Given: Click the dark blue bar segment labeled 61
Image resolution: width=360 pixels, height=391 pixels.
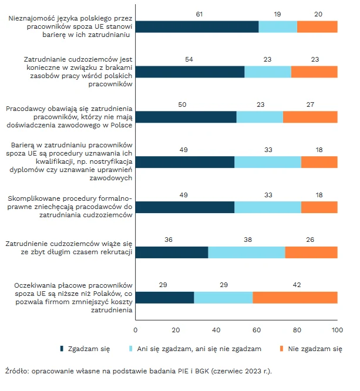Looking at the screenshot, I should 197,26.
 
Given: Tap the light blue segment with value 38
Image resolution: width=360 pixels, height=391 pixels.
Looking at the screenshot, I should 247,252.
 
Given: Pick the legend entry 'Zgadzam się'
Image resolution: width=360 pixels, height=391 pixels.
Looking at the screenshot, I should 93,349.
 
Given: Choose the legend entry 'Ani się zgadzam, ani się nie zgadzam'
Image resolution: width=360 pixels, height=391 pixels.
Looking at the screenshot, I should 199,349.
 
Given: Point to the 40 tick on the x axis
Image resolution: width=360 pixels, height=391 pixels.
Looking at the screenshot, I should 216,329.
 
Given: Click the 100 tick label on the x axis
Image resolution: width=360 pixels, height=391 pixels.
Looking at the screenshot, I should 337,329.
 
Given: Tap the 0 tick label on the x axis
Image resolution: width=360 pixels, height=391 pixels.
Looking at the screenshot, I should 136,329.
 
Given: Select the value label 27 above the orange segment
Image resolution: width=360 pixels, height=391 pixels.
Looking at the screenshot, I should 310,105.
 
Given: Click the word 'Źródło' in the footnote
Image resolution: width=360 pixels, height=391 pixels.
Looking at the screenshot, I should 16,371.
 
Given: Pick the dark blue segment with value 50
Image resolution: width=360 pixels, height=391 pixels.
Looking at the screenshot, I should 186,116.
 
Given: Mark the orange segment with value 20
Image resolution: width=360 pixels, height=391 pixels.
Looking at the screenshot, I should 317,26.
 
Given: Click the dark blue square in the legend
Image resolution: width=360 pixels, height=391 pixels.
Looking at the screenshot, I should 62,349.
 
